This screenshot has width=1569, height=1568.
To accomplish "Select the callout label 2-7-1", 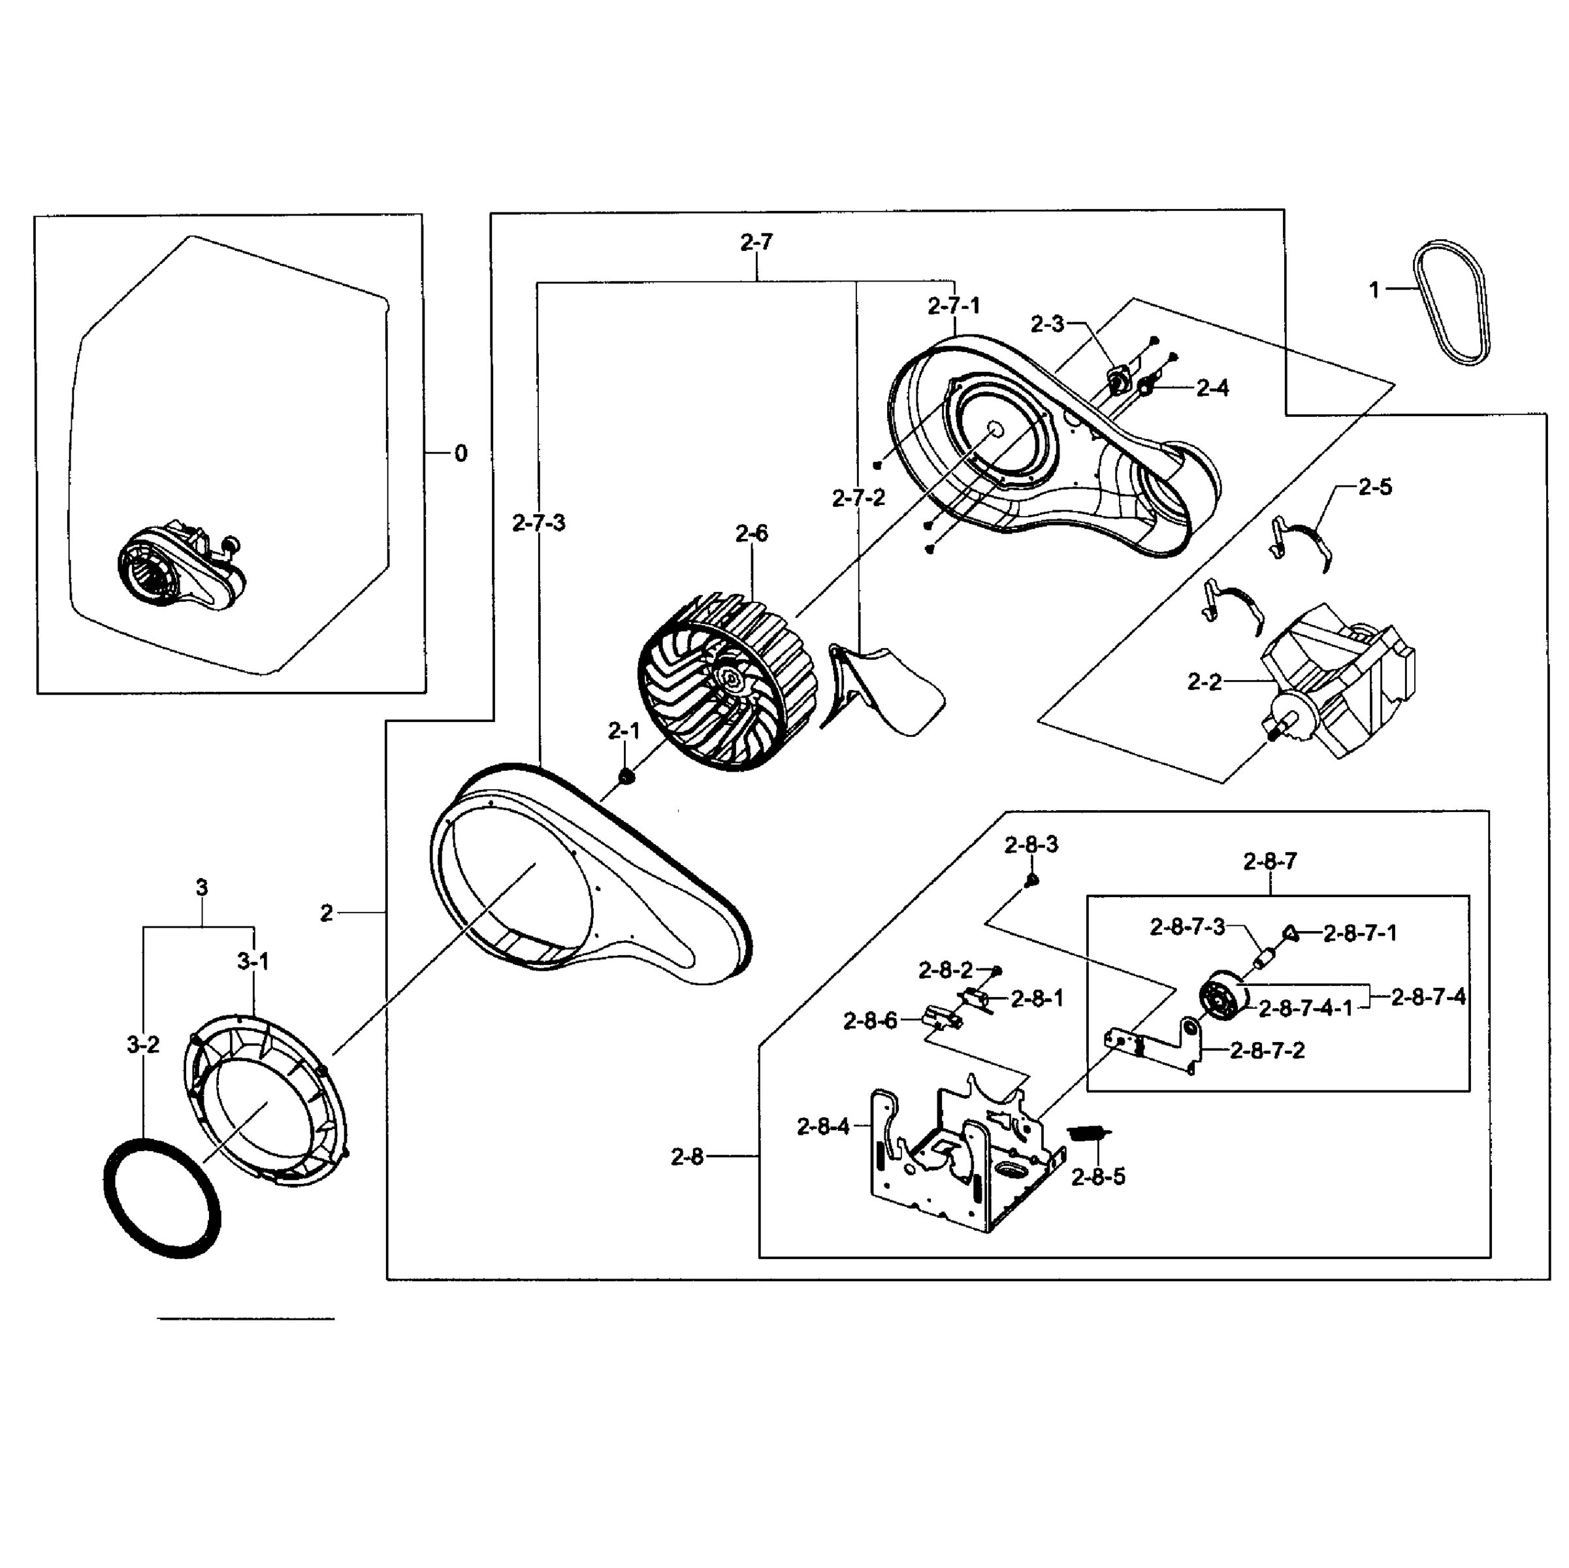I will point(954,306).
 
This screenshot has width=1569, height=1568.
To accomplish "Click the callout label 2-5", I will point(1374,487).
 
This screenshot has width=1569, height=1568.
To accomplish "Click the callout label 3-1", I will point(253,962).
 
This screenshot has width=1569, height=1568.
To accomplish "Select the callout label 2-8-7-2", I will point(1267,1051).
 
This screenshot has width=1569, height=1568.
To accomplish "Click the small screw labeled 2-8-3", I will point(1031,880).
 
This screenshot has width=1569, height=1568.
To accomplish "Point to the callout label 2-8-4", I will point(822,1127).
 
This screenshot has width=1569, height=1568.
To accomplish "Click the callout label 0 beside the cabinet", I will point(461,453).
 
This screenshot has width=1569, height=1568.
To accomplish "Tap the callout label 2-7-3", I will point(538,523).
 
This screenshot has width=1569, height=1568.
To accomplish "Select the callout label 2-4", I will point(1212,388).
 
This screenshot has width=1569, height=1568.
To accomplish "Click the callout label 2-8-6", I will point(870,1021).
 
